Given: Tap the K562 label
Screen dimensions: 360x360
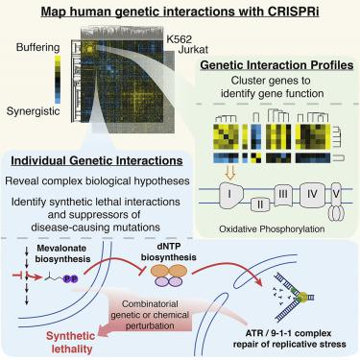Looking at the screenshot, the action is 179,39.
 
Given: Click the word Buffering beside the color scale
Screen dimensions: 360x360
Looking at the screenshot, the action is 38,48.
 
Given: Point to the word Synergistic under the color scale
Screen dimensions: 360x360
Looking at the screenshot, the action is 34,111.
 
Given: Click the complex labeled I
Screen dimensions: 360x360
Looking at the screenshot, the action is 231,194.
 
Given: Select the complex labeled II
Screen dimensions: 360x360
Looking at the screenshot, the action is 260,204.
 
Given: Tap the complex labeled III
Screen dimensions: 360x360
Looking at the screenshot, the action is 283,194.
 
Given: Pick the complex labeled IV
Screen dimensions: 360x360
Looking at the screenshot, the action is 312,194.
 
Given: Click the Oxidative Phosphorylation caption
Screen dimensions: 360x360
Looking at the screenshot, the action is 272,229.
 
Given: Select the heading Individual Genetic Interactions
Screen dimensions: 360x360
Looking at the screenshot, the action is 97,160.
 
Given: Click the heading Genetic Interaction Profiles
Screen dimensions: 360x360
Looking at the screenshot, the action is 276,65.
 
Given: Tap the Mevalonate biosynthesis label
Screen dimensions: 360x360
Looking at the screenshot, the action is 62,253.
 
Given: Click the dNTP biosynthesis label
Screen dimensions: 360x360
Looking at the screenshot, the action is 169,252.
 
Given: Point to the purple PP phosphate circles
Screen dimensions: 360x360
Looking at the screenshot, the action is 70,278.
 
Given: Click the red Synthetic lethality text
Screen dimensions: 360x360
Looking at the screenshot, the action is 71,343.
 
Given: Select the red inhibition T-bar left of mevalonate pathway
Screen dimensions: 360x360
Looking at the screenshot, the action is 17,275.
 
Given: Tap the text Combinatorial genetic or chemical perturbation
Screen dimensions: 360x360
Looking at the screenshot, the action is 150,315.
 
